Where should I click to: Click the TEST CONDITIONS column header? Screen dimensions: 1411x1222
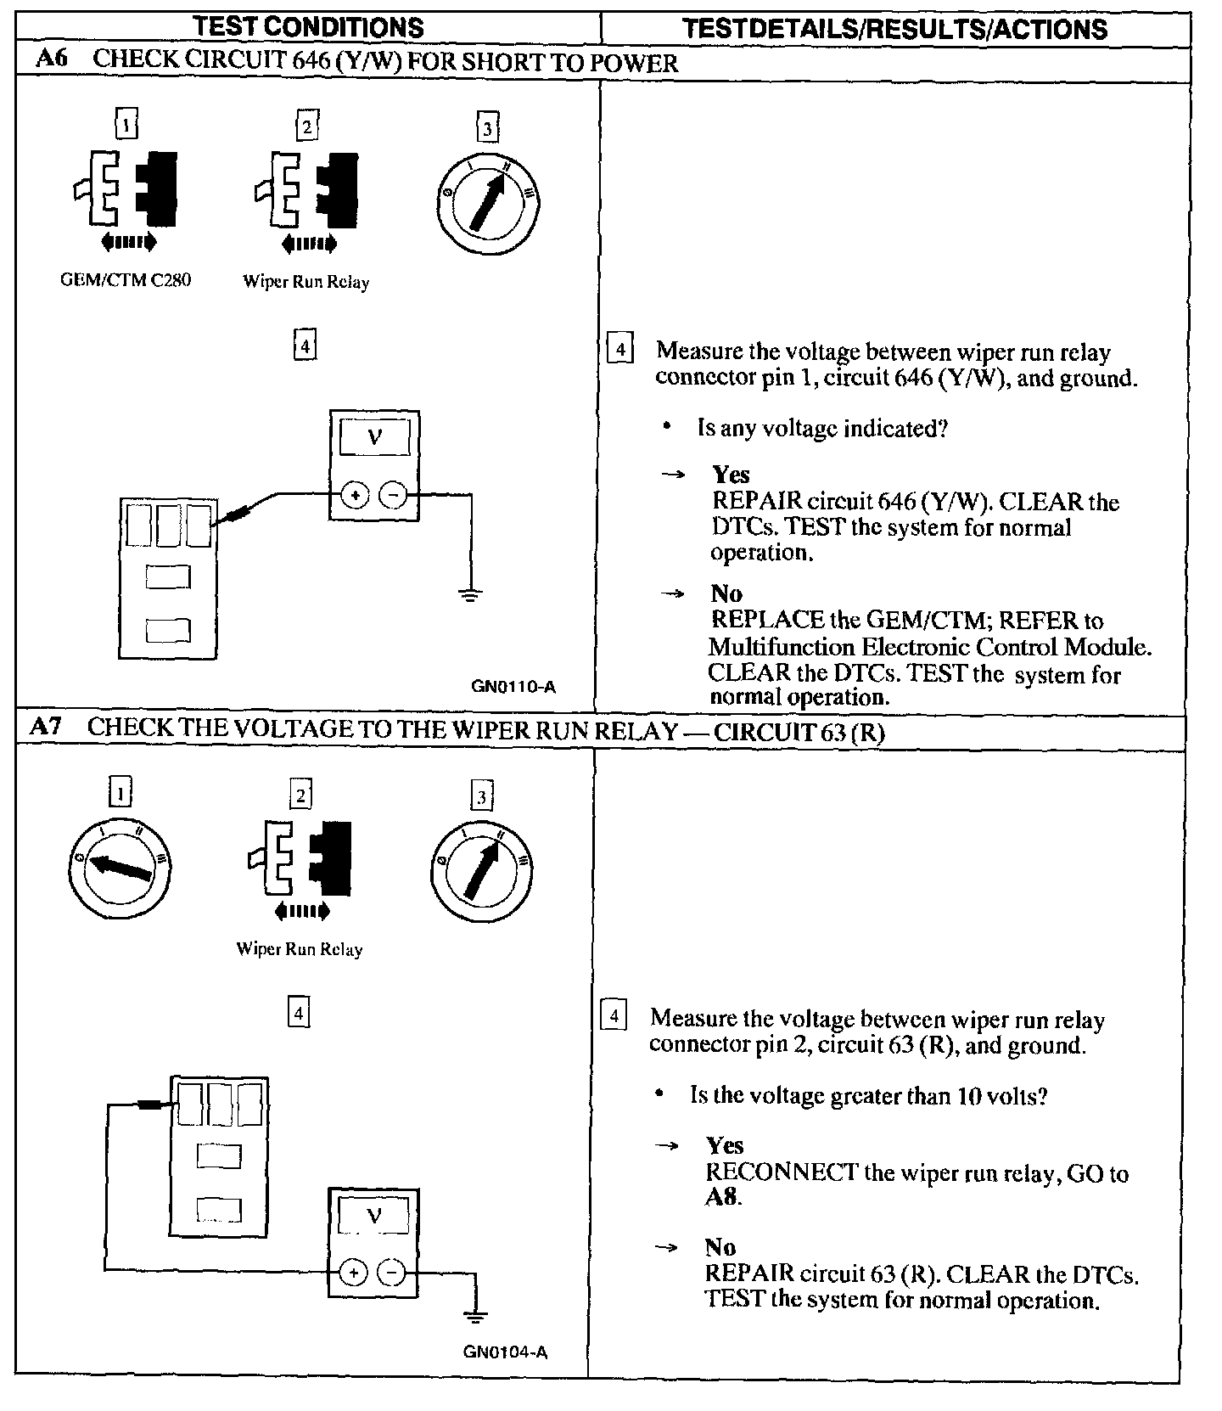tap(308, 27)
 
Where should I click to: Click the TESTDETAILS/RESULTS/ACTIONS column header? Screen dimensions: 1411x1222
tap(894, 29)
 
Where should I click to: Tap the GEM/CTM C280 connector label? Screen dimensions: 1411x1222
tap(126, 279)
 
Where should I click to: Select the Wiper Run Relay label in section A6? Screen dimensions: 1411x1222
tap(306, 282)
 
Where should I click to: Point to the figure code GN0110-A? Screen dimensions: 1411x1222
tap(513, 687)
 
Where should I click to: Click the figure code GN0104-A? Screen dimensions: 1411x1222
tap(506, 1352)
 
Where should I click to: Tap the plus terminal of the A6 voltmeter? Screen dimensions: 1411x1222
tap(356, 495)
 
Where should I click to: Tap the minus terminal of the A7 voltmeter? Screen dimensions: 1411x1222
tap(391, 1273)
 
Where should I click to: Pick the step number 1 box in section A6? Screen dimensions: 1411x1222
tap(126, 126)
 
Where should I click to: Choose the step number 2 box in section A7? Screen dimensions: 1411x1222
tap(300, 795)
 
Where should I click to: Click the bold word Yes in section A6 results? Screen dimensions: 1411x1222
tap(731, 474)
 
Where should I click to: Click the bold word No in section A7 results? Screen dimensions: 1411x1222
tap(720, 1247)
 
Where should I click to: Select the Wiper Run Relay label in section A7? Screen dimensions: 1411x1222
tap(300, 949)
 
